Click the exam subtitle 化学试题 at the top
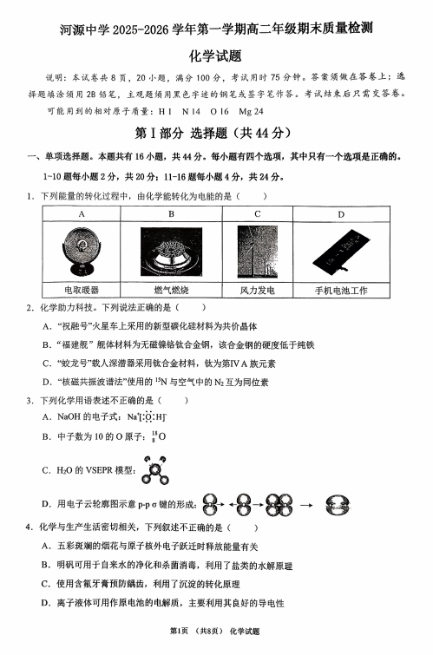tap(216, 56)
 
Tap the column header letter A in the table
tap(82, 214)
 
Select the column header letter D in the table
tap(341, 214)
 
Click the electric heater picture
tap(82, 252)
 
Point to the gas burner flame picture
tap(171, 252)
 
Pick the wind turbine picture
tap(258, 252)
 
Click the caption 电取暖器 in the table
tap(82, 291)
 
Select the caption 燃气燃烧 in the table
tap(171, 291)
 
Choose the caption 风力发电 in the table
tap(258, 291)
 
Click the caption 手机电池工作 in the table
tap(341, 291)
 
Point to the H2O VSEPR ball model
tap(155, 470)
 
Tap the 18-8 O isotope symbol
tap(159, 437)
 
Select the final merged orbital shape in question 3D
tap(338, 505)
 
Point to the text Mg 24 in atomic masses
tap(251, 112)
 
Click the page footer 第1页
tap(179, 632)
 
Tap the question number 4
tap(29, 527)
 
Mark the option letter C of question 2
tap(47, 364)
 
